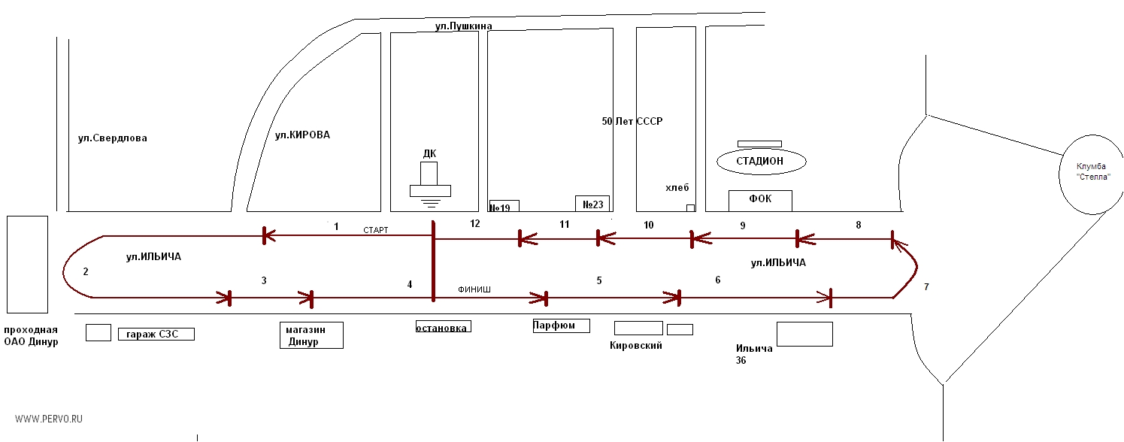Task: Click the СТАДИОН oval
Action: pyautogui.click(x=761, y=161)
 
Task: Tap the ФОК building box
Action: pyautogui.click(x=761, y=200)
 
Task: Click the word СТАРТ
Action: pyautogui.click(x=375, y=230)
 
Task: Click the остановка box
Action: pyautogui.click(x=444, y=327)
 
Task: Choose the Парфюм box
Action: pyautogui.click(x=560, y=325)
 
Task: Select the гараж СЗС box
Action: pyautogui.click(x=156, y=334)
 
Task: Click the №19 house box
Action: pyautogui.click(x=504, y=205)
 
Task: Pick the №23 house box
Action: pyautogui.click(x=592, y=203)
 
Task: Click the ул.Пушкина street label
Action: pyautogui.click(x=463, y=26)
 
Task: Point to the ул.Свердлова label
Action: pyautogui.click(x=113, y=138)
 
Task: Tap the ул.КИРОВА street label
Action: pyautogui.click(x=302, y=135)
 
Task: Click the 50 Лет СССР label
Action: pyautogui.click(x=632, y=121)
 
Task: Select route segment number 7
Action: pyautogui.click(x=926, y=287)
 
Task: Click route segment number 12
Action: pyautogui.click(x=474, y=223)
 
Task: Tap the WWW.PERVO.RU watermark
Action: pyautogui.click(x=49, y=418)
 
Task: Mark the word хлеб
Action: pyautogui.click(x=677, y=188)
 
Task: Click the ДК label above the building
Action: pyautogui.click(x=429, y=154)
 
